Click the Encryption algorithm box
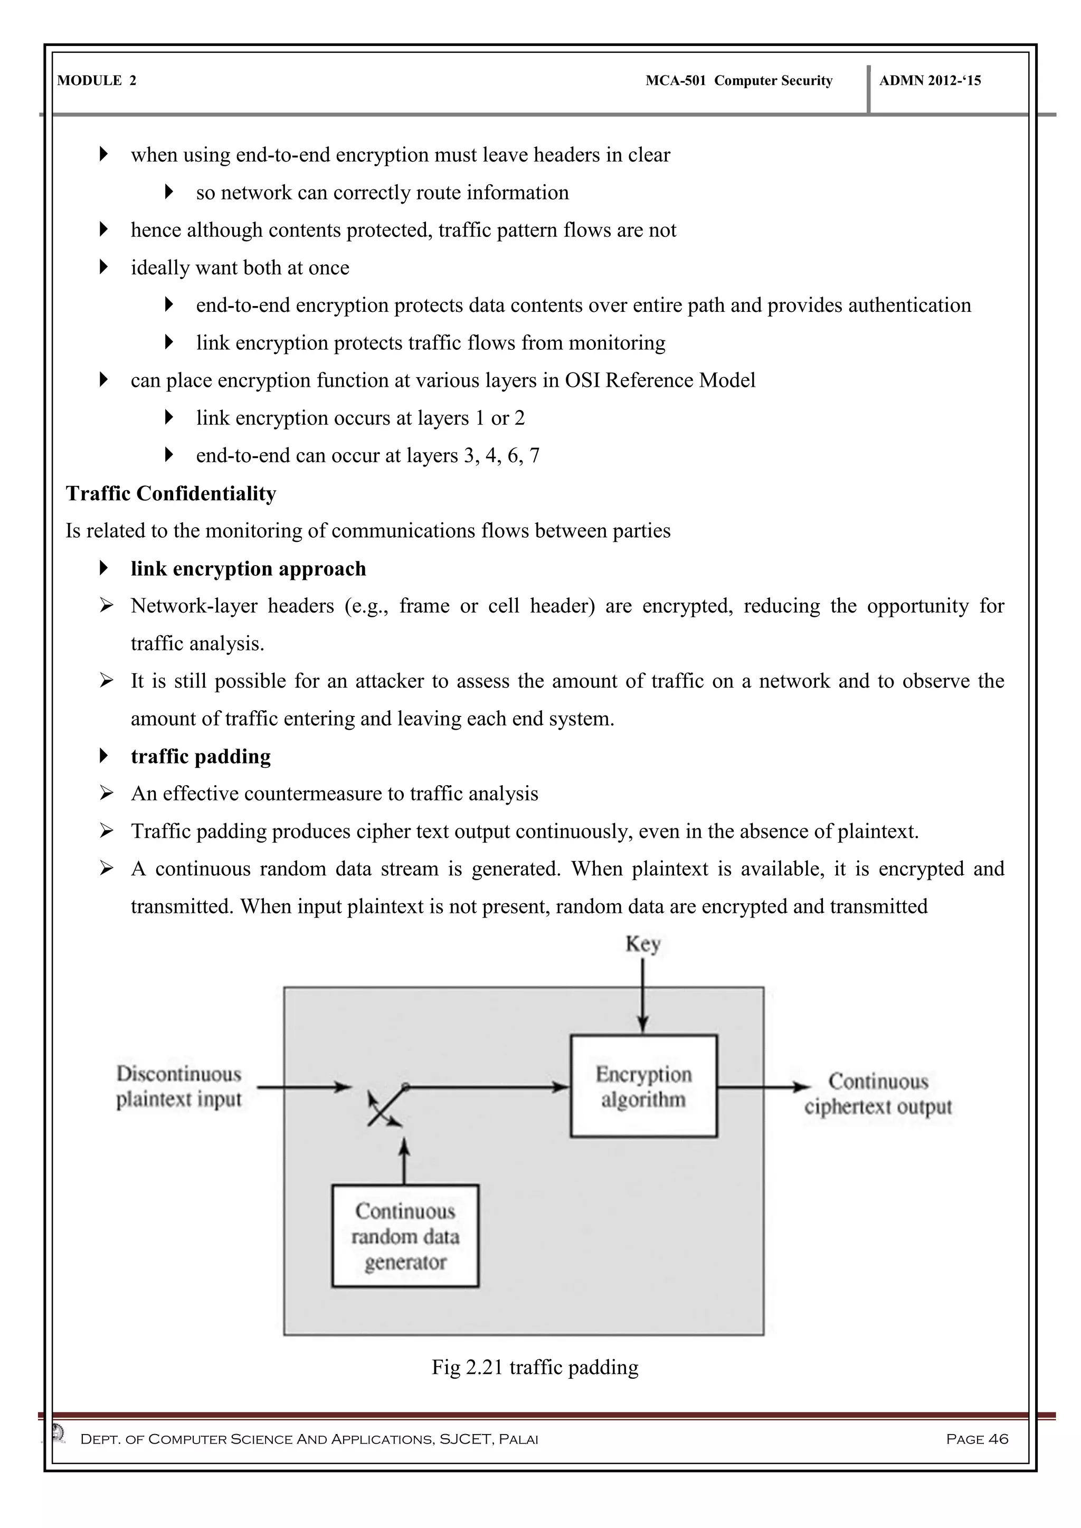tap(643, 1086)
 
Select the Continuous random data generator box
tap(405, 1236)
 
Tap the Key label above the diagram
tap(642, 944)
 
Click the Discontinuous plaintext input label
tap(178, 1086)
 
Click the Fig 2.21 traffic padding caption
tap(535, 1367)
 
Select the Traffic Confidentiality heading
tap(171, 493)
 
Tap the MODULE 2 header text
tap(97, 81)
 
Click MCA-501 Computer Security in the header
tap(738, 81)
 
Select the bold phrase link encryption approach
tap(248, 568)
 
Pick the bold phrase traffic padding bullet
tap(201, 756)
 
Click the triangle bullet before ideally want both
tap(103, 267)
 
